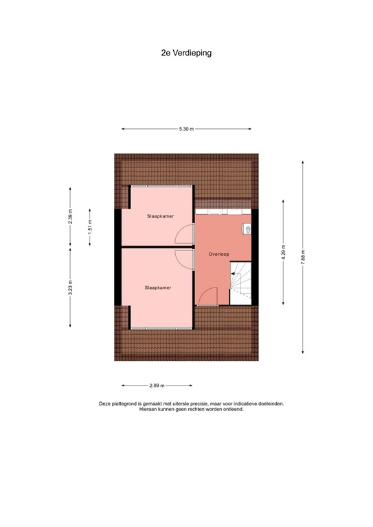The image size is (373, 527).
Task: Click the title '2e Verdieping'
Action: (x=186, y=51)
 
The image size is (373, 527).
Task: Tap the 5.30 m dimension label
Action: (x=186, y=129)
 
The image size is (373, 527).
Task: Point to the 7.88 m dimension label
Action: (x=302, y=257)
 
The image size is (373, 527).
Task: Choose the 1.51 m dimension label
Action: (x=89, y=227)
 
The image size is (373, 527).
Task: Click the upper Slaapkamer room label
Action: (x=159, y=216)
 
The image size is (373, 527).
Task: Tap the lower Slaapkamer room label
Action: (x=158, y=288)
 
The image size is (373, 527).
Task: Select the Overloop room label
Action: (x=218, y=255)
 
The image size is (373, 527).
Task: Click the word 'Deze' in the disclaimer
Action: (x=104, y=404)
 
